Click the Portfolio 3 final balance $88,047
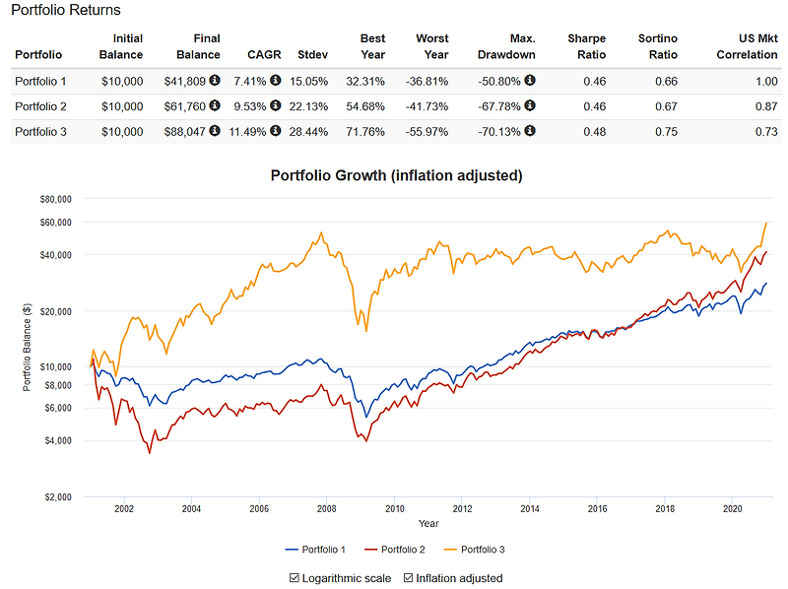click(x=184, y=132)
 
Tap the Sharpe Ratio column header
click(x=586, y=46)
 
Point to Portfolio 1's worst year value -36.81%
click(x=427, y=81)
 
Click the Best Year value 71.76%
click(x=365, y=132)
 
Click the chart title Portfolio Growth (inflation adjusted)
click(x=396, y=175)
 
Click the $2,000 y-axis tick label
click(x=57, y=496)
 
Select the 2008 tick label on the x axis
click(x=326, y=509)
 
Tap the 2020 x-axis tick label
click(x=732, y=509)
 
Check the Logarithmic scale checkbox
click(x=295, y=578)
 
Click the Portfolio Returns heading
click(x=66, y=11)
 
